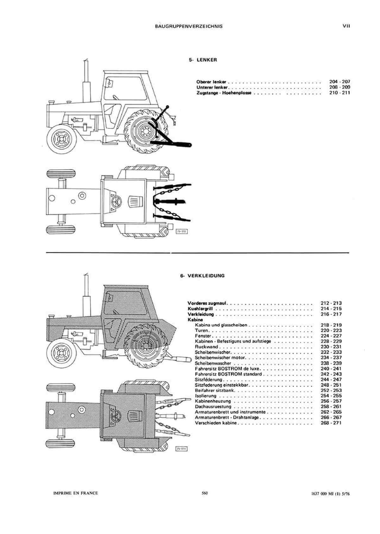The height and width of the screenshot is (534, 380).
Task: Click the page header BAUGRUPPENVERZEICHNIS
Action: click(x=188, y=27)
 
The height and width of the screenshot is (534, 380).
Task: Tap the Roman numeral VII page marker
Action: click(x=346, y=26)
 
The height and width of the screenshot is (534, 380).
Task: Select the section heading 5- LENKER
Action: click(x=203, y=60)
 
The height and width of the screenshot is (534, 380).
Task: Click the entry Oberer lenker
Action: click(x=211, y=82)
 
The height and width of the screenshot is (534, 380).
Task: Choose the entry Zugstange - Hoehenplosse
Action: click(x=224, y=93)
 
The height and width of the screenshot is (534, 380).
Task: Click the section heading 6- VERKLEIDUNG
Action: click(x=202, y=276)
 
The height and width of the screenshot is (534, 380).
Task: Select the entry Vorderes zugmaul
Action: click(x=207, y=303)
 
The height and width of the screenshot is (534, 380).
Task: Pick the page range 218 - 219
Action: click(x=331, y=325)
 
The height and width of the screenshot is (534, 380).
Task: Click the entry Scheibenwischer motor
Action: click(x=220, y=357)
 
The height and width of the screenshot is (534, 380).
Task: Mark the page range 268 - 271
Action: click(x=331, y=423)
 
